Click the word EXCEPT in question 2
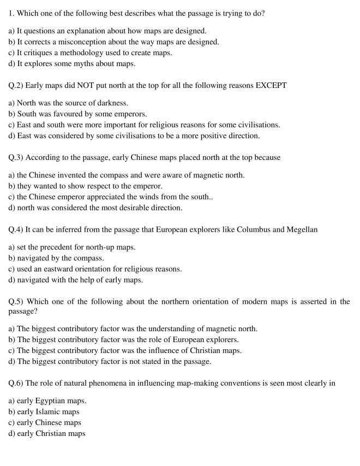click(x=270, y=86)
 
